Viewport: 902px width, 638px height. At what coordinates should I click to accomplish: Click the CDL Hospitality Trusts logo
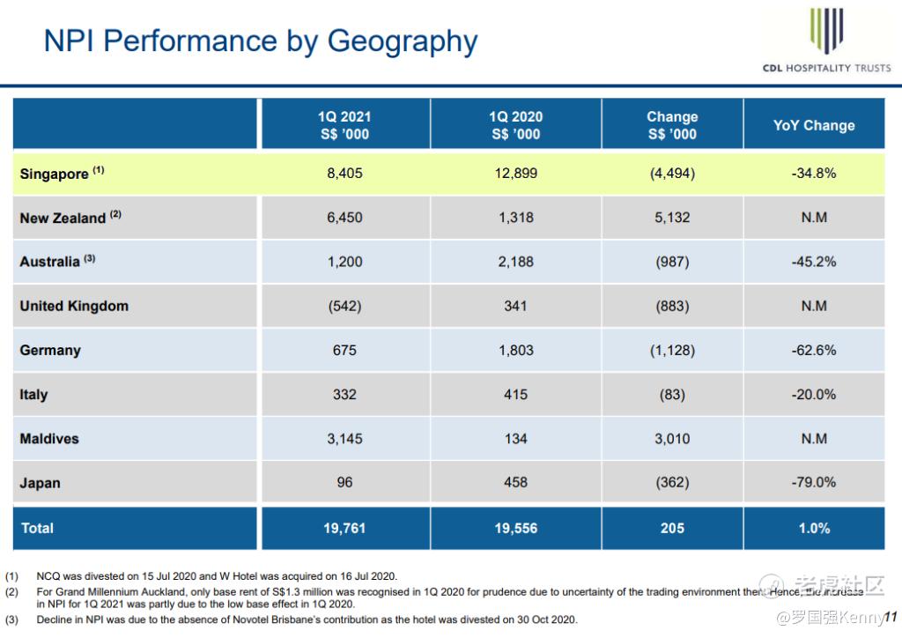825,41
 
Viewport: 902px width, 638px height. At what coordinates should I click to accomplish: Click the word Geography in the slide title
403,41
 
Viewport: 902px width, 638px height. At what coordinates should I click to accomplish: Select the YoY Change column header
814,125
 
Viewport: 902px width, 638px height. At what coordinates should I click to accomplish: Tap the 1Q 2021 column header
344,125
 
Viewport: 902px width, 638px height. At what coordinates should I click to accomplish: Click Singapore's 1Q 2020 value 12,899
515,174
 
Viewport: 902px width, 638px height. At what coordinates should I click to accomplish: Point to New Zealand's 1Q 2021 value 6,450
344,218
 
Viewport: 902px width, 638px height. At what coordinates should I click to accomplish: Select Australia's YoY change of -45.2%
814,262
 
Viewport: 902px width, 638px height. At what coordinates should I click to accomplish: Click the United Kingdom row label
74,306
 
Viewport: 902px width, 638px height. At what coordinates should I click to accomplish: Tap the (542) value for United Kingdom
344,306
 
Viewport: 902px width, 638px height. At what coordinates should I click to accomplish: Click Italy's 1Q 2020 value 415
515,394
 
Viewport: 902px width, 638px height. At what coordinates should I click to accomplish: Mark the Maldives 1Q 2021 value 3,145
344,438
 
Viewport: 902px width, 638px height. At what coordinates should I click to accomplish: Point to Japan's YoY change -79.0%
814,482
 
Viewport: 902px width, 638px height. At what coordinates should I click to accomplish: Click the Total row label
37,528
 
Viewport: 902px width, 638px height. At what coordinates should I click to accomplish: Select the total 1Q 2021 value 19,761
344,528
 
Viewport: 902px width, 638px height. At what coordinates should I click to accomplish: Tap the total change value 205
672,528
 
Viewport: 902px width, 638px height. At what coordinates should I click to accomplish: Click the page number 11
890,616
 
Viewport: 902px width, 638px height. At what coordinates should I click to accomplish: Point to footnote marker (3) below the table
11,619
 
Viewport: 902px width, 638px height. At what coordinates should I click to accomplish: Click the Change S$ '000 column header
672,125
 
